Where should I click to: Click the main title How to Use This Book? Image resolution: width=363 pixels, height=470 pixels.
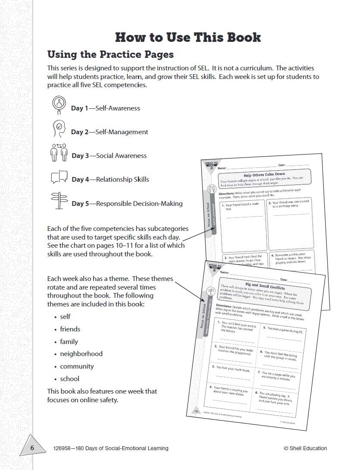point(188,37)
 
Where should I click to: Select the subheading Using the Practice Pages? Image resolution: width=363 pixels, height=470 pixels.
point(110,54)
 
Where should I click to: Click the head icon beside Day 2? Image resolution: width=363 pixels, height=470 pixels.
point(58,128)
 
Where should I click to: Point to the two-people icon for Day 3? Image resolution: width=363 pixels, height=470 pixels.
point(59,152)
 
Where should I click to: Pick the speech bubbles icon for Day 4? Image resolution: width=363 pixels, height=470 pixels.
point(59,177)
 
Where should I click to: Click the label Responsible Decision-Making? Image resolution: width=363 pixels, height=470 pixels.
point(139,203)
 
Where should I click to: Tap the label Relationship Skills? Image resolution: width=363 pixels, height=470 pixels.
point(122,179)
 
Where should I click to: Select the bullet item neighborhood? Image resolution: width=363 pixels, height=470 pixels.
point(81,353)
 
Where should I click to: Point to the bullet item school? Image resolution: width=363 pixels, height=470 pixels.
point(69,379)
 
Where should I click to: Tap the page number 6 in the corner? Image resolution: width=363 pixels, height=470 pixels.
point(32,448)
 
